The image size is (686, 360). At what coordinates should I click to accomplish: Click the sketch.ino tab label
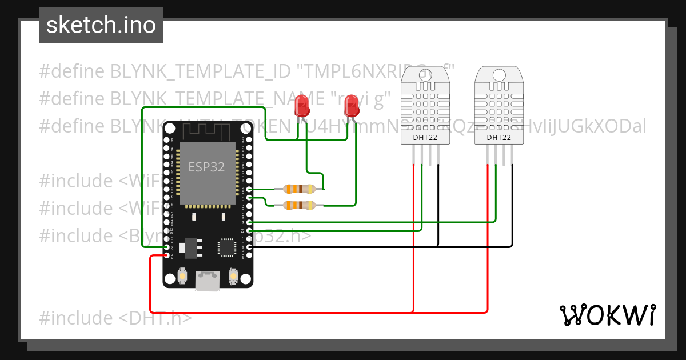point(101,25)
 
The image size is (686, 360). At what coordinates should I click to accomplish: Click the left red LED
point(301,106)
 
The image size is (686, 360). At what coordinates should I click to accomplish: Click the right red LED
point(353,106)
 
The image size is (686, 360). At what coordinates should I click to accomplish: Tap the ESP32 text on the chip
point(206,167)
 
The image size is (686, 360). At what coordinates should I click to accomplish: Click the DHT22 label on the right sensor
point(499,138)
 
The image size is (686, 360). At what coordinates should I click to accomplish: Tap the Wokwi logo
point(607,315)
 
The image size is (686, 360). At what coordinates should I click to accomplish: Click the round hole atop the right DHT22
point(498,74)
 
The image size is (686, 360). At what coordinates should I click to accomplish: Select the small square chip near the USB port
point(226,247)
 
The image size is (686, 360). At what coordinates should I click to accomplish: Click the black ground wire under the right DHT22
point(512,206)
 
